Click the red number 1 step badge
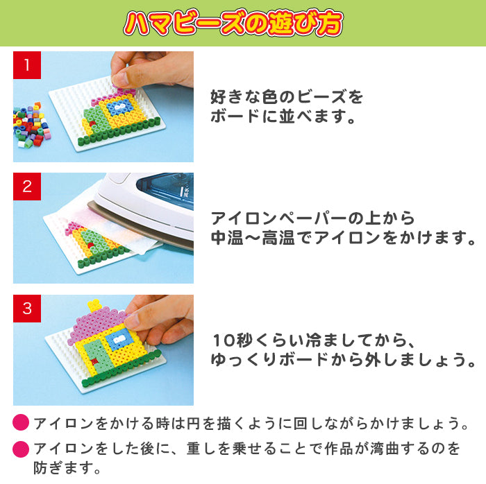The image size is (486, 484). click(x=27, y=65)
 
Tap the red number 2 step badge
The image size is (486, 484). click(x=27, y=187)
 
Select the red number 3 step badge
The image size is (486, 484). click(x=27, y=309)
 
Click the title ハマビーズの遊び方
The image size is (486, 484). click(x=233, y=23)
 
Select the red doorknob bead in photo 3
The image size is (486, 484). click(x=94, y=361)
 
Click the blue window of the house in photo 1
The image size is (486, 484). click(x=120, y=107)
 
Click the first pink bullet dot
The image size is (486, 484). click(x=21, y=423)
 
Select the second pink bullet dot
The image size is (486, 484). click(x=21, y=449)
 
